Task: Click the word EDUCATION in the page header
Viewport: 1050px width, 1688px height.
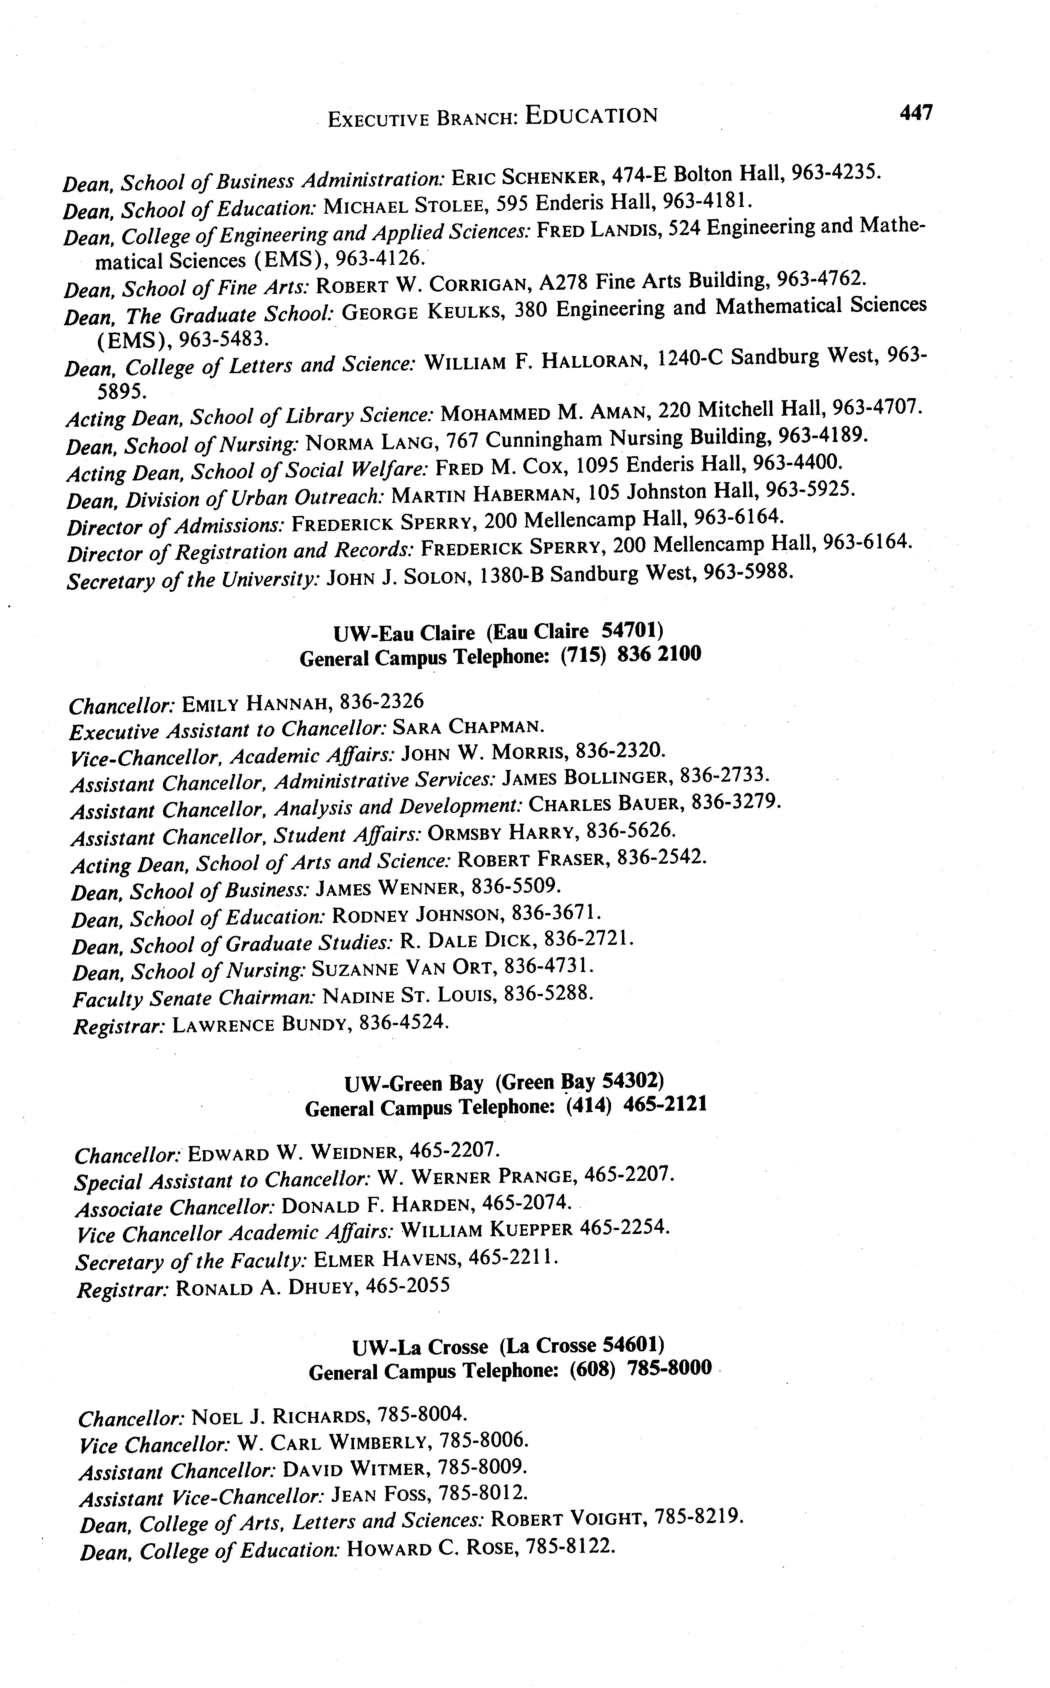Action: [591, 115]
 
